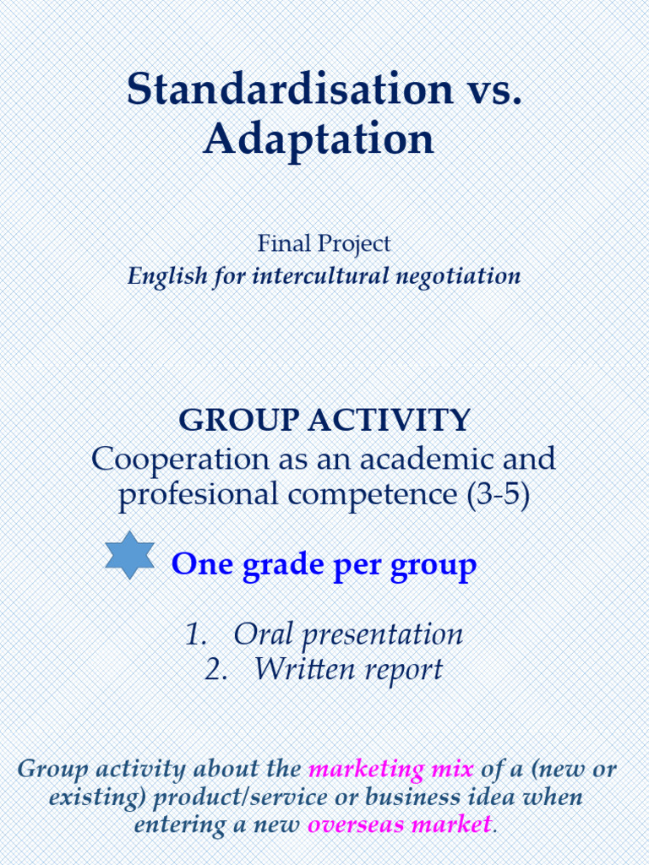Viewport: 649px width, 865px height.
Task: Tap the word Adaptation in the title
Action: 319,139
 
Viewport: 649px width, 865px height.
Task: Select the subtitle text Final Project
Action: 324,244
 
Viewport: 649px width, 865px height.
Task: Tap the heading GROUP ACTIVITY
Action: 324,420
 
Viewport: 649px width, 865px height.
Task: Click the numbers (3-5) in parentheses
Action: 499,495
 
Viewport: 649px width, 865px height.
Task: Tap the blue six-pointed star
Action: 129,555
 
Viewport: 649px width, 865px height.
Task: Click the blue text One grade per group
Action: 324,565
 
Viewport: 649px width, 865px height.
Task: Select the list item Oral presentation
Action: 347,634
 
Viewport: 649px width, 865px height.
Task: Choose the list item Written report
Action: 347,670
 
